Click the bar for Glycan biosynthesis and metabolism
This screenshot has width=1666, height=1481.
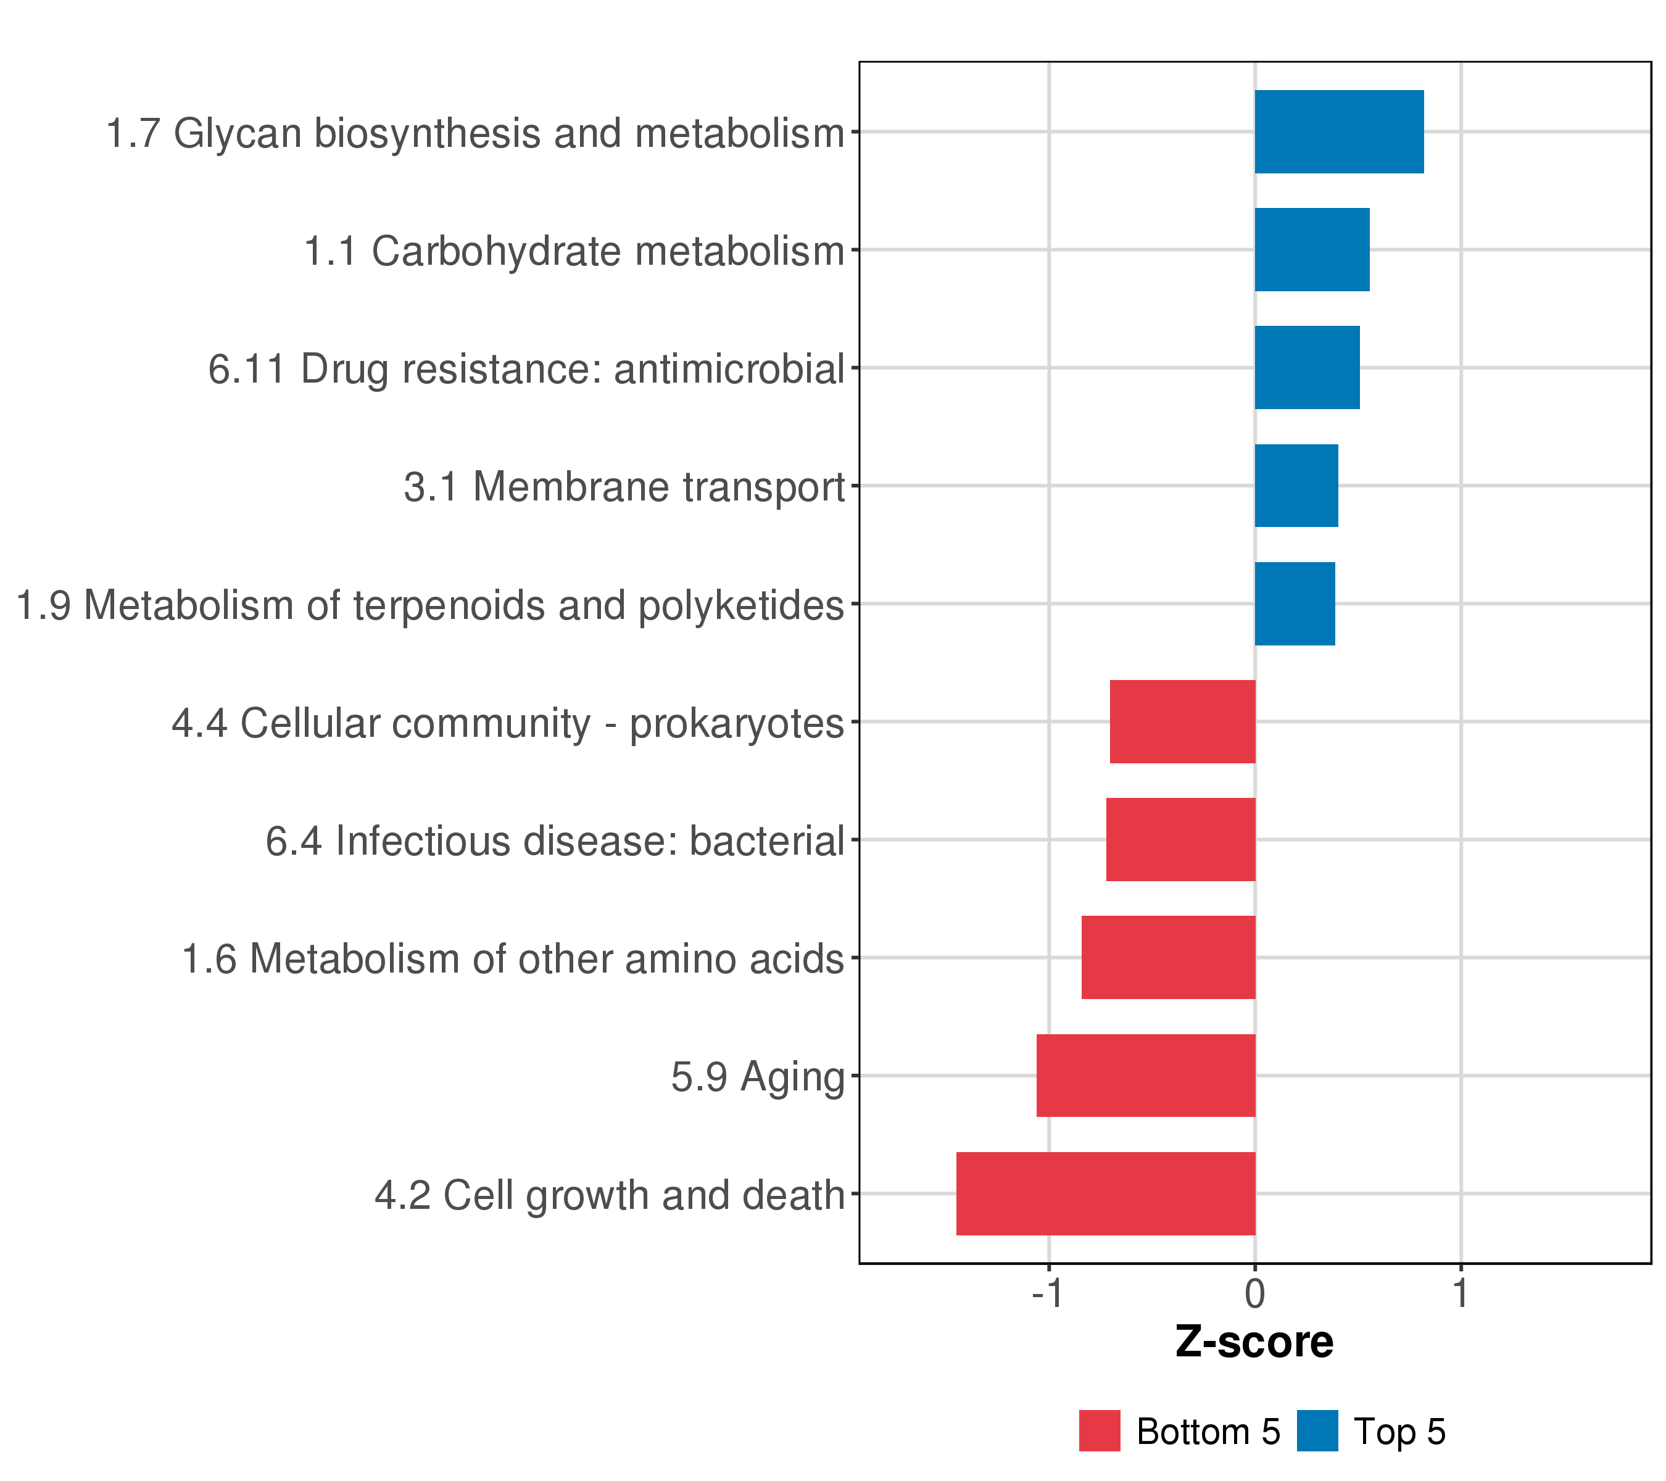coord(1338,132)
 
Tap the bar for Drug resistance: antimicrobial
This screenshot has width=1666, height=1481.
coord(1306,368)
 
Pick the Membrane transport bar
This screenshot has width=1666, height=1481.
coord(1296,486)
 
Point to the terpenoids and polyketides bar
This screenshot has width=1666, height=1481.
coord(1295,604)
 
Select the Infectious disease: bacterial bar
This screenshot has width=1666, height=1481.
coord(1180,839)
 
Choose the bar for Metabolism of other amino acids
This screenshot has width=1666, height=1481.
coord(1168,958)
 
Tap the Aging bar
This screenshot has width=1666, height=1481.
coord(1145,1076)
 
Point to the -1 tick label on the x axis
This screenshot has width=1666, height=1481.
coord(1047,1293)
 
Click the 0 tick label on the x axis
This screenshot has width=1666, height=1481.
coord(1254,1293)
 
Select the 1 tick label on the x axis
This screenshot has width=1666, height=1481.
coord(1461,1293)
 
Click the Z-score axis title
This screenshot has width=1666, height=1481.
coord(1254,1342)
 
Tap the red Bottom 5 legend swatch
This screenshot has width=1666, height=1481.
coord(1100,1431)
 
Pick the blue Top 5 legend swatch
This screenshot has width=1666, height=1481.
coord(1317,1431)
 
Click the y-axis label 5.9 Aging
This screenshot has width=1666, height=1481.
coord(757,1077)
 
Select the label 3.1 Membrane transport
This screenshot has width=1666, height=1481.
coord(624,487)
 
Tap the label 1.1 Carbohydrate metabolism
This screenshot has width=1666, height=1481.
coord(574,251)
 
